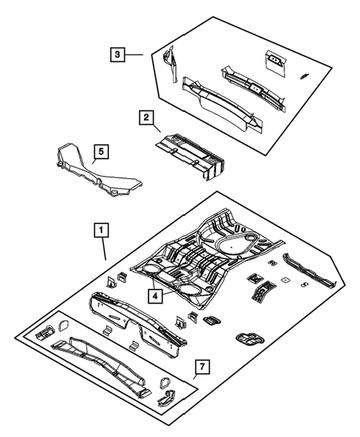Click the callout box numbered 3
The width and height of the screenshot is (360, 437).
116,53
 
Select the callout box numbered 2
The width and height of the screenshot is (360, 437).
146,116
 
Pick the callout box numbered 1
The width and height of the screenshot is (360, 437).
99,231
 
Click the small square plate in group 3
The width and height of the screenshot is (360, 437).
275,62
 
